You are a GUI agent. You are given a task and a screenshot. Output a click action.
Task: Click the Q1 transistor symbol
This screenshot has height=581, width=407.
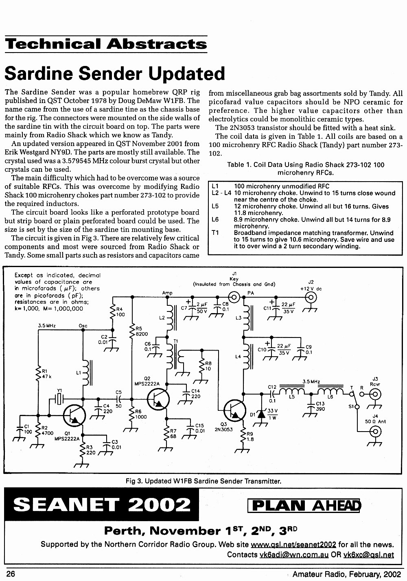click(74, 415)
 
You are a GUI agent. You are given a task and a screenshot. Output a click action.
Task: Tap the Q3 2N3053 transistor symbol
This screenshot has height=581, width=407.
click(235, 410)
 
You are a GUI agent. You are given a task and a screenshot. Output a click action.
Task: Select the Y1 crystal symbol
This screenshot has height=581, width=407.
click(59, 399)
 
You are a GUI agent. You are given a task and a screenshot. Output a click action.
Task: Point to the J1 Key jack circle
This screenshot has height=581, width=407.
click(234, 297)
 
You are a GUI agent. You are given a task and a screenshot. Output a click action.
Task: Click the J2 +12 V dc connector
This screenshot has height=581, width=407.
click(311, 297)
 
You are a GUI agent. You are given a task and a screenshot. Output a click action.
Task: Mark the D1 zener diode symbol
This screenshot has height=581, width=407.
click(261, 414)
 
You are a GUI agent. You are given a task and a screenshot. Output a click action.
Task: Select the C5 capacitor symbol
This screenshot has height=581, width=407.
click(119, 399)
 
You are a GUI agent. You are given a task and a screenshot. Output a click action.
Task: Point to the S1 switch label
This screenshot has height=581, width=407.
click(351, 406)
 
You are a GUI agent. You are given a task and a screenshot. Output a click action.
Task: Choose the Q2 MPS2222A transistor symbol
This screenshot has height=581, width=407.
click(158, 399)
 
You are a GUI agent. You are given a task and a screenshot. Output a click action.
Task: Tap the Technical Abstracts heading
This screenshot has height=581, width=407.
click(106, 44)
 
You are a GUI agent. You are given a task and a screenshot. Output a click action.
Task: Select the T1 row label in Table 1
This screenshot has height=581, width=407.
click(215, 232)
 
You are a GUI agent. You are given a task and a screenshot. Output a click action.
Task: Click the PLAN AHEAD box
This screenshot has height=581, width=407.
click(304, 506)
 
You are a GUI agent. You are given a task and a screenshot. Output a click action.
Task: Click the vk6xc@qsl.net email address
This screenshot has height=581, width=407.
click(369, 555)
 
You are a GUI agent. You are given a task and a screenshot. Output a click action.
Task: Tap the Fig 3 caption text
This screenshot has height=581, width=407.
click(203, 481)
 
